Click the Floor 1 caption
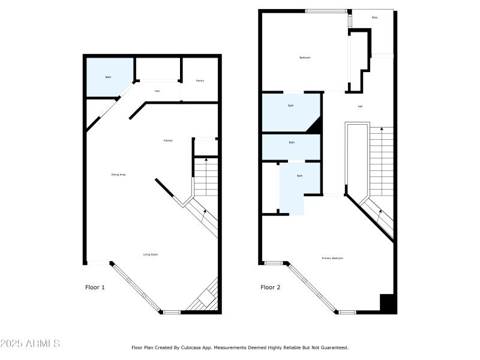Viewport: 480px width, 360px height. (x=95, y=287)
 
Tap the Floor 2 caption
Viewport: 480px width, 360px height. (x=271, y=287)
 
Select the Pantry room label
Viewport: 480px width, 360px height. (x=200, y=80)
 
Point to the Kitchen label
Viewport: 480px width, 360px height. (x=169, y=140)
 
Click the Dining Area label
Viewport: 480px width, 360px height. (x=118, y=175)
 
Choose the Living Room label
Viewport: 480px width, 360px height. (x=151, y=254)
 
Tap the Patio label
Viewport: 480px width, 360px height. (x=374, y=17)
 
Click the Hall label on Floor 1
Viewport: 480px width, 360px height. (x=157, y=91)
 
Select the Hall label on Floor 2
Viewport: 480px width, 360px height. (x=360, y=106)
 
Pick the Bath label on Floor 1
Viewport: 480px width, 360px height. (x=109, y=77)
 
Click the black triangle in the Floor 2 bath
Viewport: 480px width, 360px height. (x=315, y=125)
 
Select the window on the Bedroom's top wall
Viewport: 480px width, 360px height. (x=326, y=11)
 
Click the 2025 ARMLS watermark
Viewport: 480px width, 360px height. (x=30, y=344)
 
